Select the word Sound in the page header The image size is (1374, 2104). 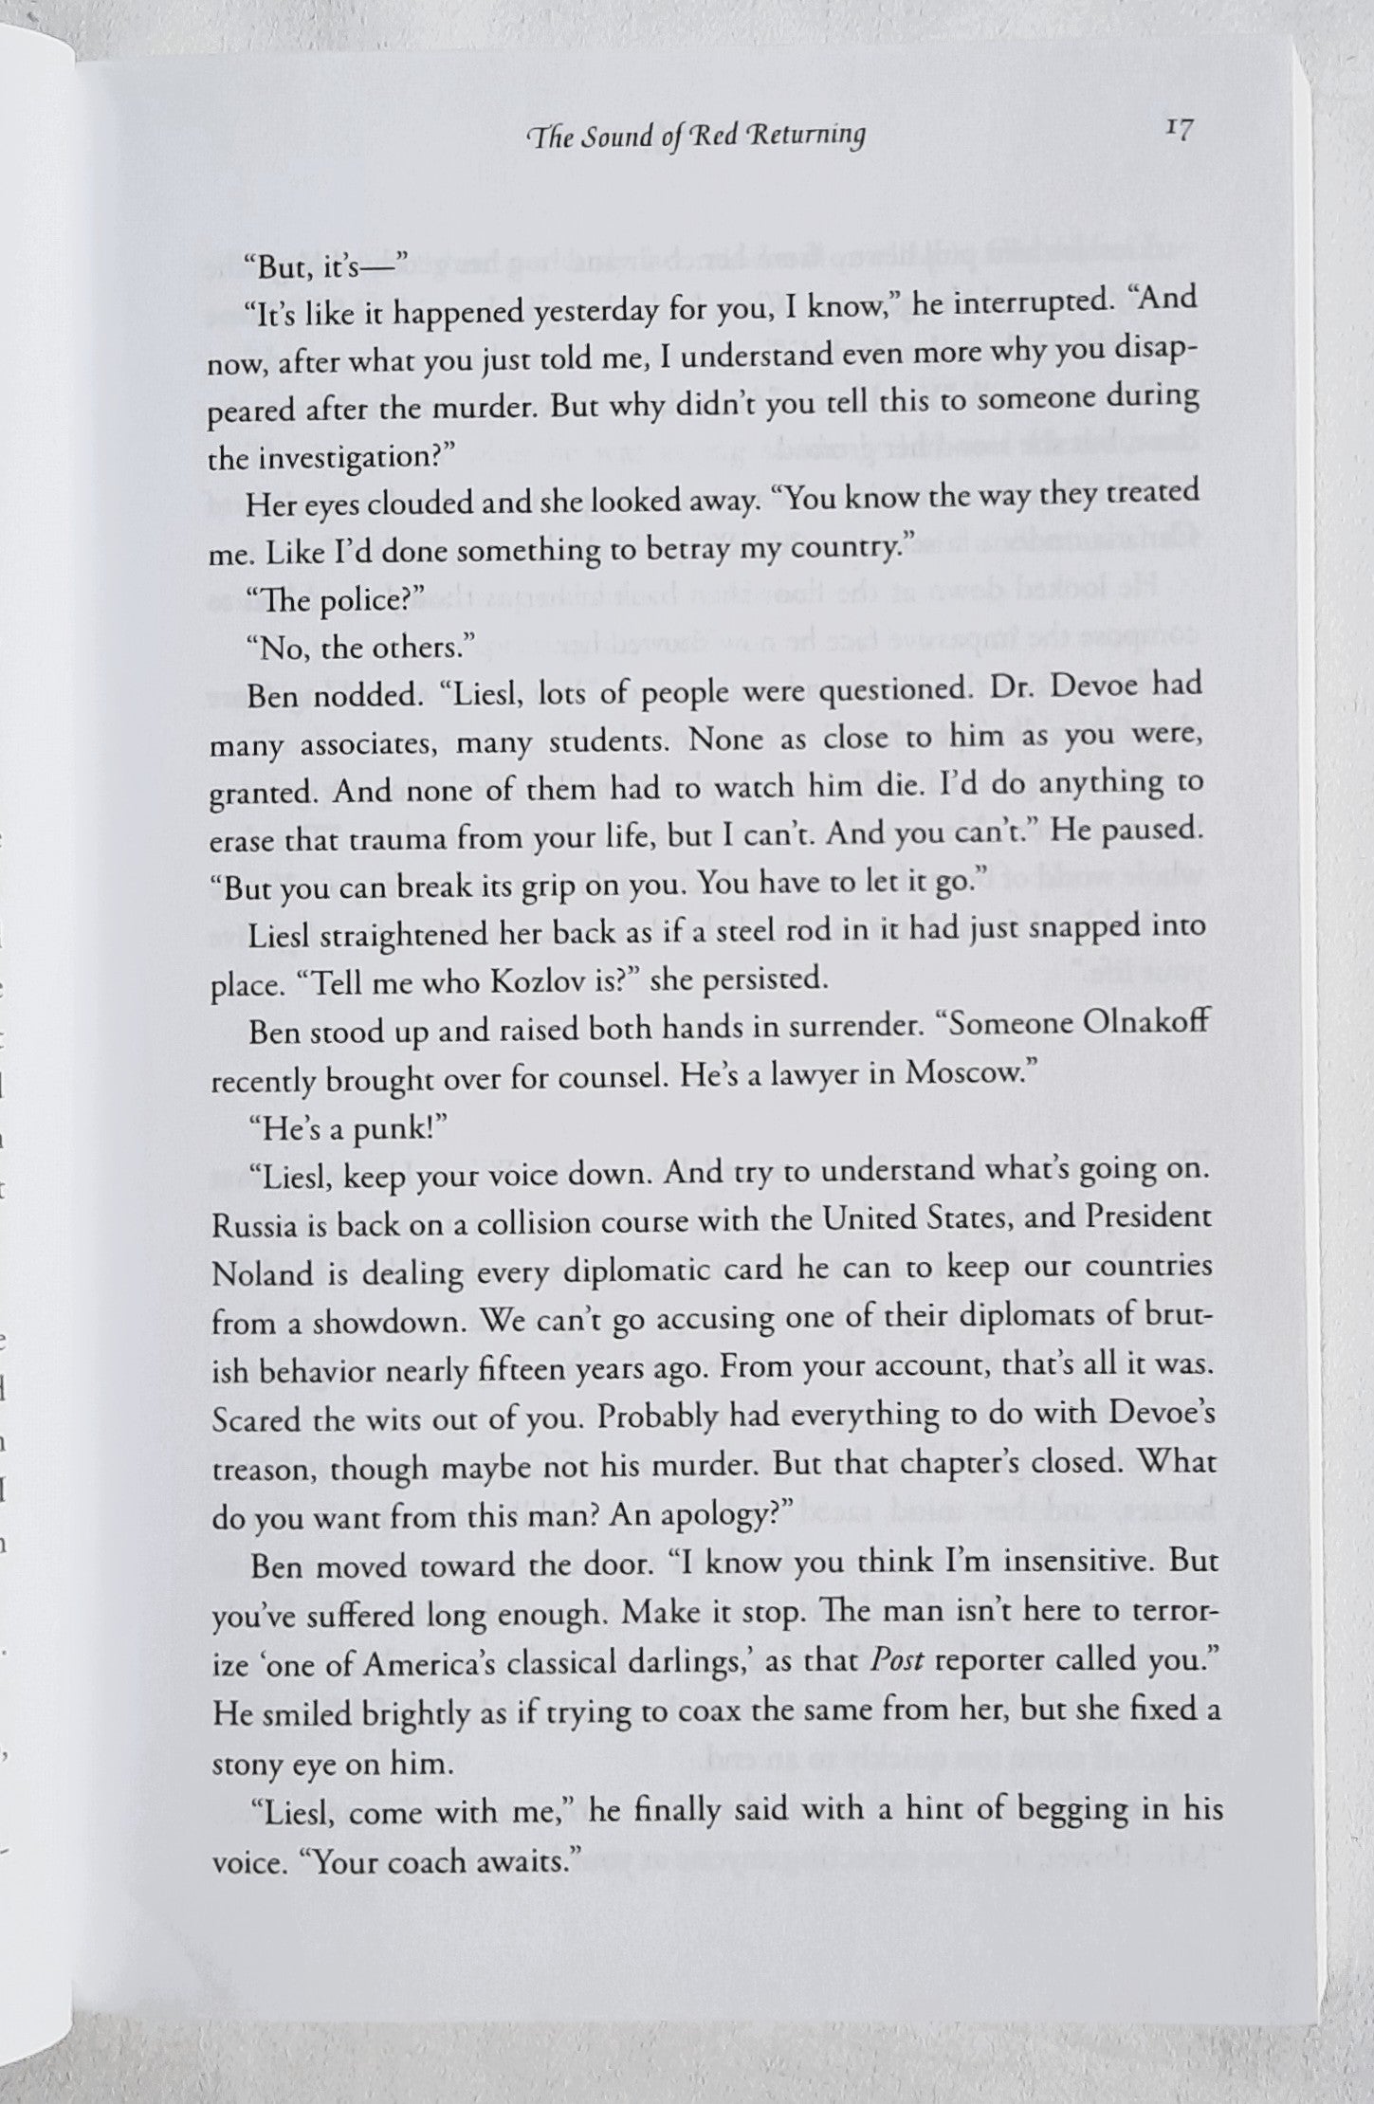point(610,137)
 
